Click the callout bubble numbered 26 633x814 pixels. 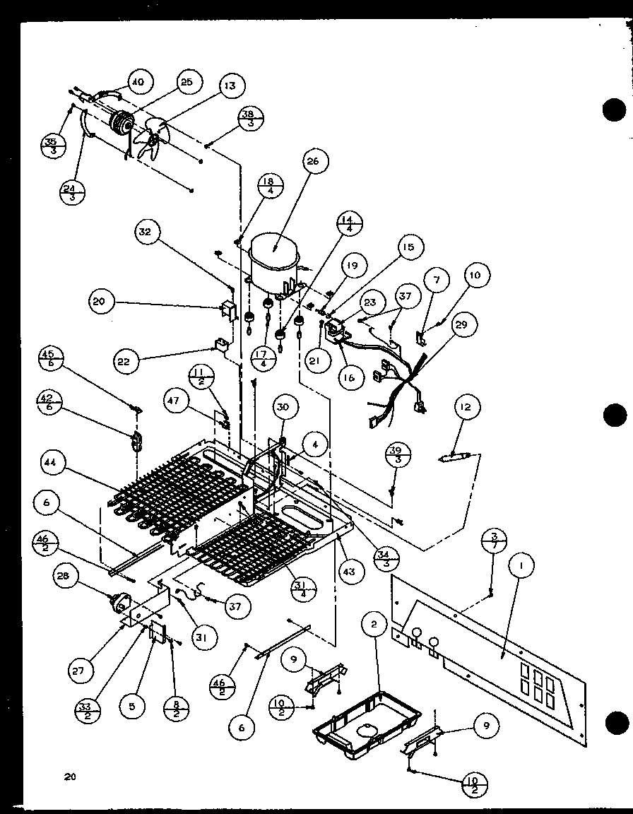point(313,161)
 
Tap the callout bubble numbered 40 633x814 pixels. point(137,82)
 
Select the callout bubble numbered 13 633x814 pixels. point(230,85)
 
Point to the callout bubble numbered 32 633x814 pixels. point(149,232)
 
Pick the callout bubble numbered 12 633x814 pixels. point(468,407)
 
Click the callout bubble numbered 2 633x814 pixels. point(375,623)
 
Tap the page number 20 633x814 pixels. point(69,777)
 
